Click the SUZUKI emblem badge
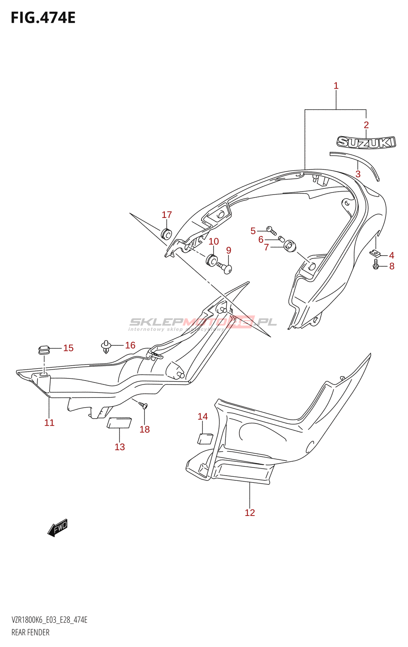tap(366, 142)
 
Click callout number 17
tap(167, 215)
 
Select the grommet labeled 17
tap(166, 234)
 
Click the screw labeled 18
tap(144, 405)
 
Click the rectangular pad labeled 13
tap(119, 423)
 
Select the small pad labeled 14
tap(205, 438)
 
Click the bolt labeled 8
tap(376, 264)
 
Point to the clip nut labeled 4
tap(375, 253)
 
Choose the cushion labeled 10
tap(211, 259)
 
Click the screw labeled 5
tap(272, 230)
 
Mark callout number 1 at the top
tap(336, 86)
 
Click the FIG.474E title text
tap(43, 18)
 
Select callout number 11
tap(49, 423)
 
